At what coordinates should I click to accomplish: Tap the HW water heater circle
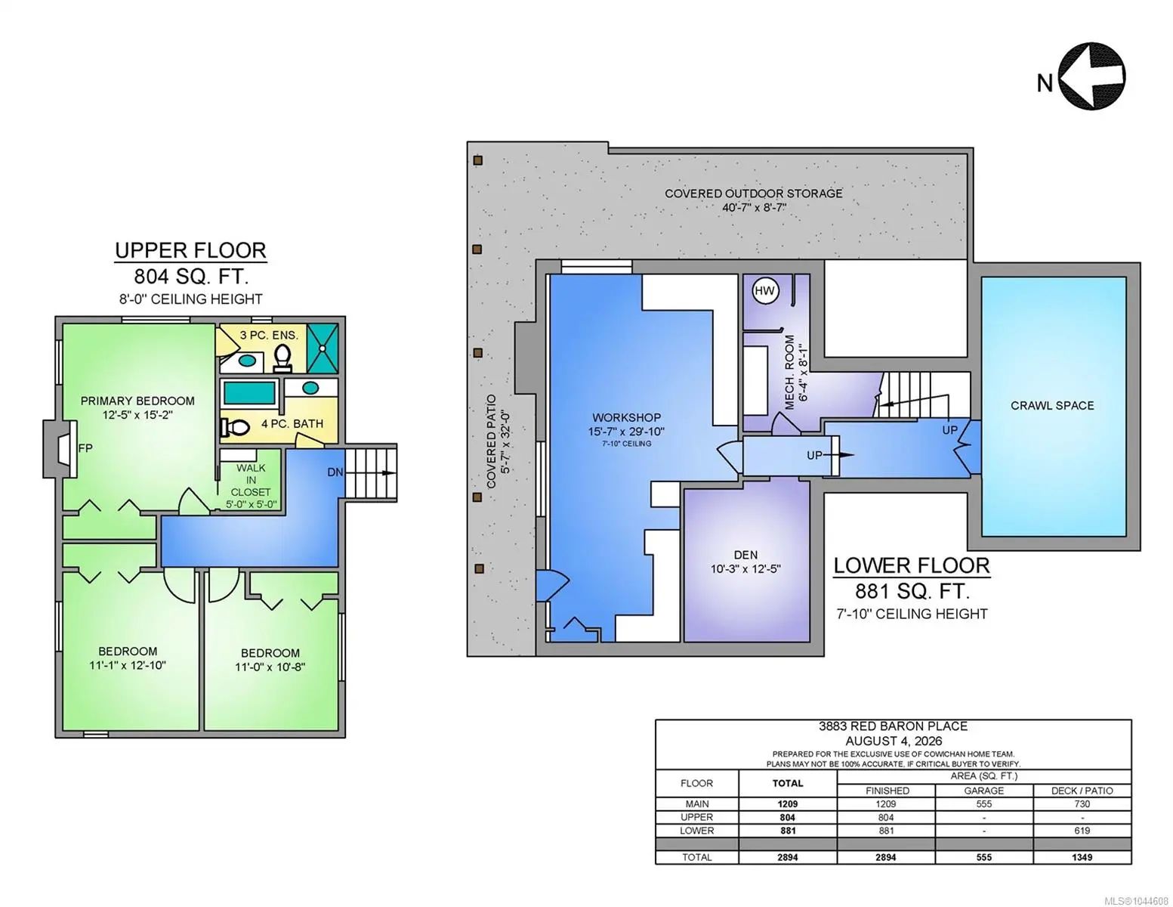pyautogui.click(x=764, y=291)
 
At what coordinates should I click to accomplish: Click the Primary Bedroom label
pyautogui.click(x=137, y=401)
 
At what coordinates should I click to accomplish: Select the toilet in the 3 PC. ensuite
pyautogui.click(x=282, y=358)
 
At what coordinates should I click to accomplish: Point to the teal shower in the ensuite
pyautogui.click(x=323, y=348)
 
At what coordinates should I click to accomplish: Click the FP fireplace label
pyautogui.click(x=85, y=447)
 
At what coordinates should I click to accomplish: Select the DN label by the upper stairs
pyautogui.click(x=335, y=472)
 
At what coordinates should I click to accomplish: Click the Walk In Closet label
pyautogui.click(x=251, y=480)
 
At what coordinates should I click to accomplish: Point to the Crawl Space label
pyautogui.click(x=1052, y=405)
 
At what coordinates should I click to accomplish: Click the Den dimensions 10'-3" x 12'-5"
pyautogui.click(x=745, y=569)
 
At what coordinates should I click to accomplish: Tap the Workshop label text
pyautogui.click(x=626, y=417)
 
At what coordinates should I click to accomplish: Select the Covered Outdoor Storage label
pyautogui.click(x=753, y=193)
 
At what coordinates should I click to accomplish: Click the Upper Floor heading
pyautogui.click(x=190, y=251)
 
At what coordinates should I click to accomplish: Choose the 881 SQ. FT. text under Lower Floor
pyautogui.click(x=912, y=592)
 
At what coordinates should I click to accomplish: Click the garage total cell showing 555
pyautogui.click(x=984, y=857)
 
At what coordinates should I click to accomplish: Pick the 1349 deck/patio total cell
pyautogui.click(x=1082, y=857)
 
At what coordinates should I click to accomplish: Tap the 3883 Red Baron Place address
pyautogui.click(x=893, y=726)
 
